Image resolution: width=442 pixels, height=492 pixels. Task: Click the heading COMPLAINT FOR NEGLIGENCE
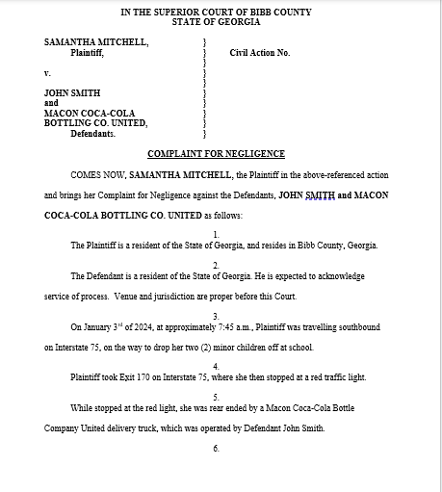pos(216,154)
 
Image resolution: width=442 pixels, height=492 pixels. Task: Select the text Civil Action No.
pos(259,53)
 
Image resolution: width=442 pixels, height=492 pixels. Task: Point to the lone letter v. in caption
pos(47,72)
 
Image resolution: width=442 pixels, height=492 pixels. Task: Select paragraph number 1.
pos(216,235)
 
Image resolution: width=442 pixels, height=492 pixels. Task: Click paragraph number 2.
pos(216,265)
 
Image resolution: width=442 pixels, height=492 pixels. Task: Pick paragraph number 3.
pos(216,315)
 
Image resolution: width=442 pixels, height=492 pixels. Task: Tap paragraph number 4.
pos(216,366)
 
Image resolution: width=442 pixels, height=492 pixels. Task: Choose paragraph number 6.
pos(216,449)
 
